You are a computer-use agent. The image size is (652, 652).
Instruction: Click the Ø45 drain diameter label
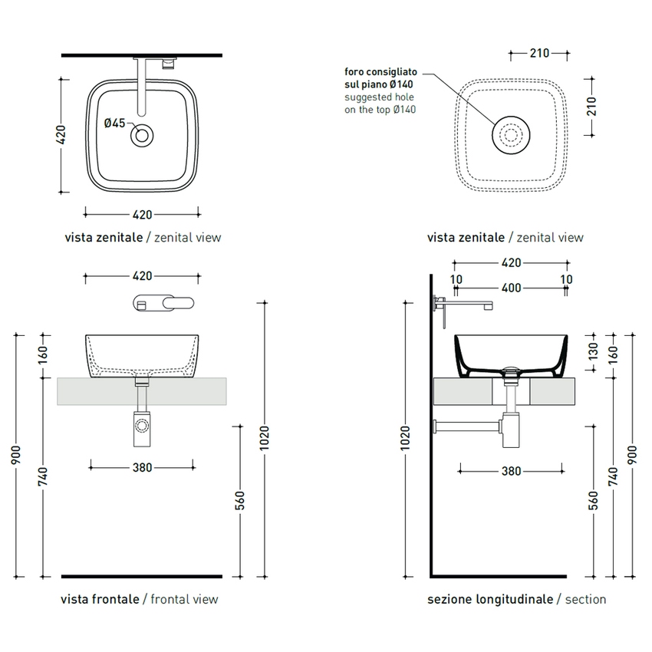pos(114,123)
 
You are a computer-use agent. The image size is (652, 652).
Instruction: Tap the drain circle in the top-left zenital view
pos(142,136)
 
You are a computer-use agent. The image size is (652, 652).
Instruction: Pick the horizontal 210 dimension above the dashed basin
pos(539,53)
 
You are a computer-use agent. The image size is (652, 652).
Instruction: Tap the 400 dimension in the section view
pos(512,288)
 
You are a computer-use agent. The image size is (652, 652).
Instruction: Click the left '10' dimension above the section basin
pos(457,280)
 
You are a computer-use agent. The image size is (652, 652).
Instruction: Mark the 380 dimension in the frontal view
pos(142,467)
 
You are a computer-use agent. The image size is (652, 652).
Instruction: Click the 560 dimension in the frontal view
pos(240,500)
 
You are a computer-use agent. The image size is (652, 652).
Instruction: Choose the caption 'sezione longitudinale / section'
pos(516,599)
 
